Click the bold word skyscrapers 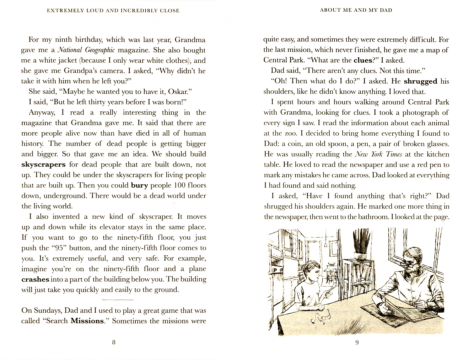coord(43,165)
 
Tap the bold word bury coord(139,186)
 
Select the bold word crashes coord(35,279)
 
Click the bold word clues coord(362,60)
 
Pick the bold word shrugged coord(420,81)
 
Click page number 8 coord(114,342)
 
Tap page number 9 coord(357,342)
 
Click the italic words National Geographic coord(86,50)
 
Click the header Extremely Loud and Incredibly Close coord(113,11)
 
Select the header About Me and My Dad coord(356,10)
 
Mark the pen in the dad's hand coord(417,298)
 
